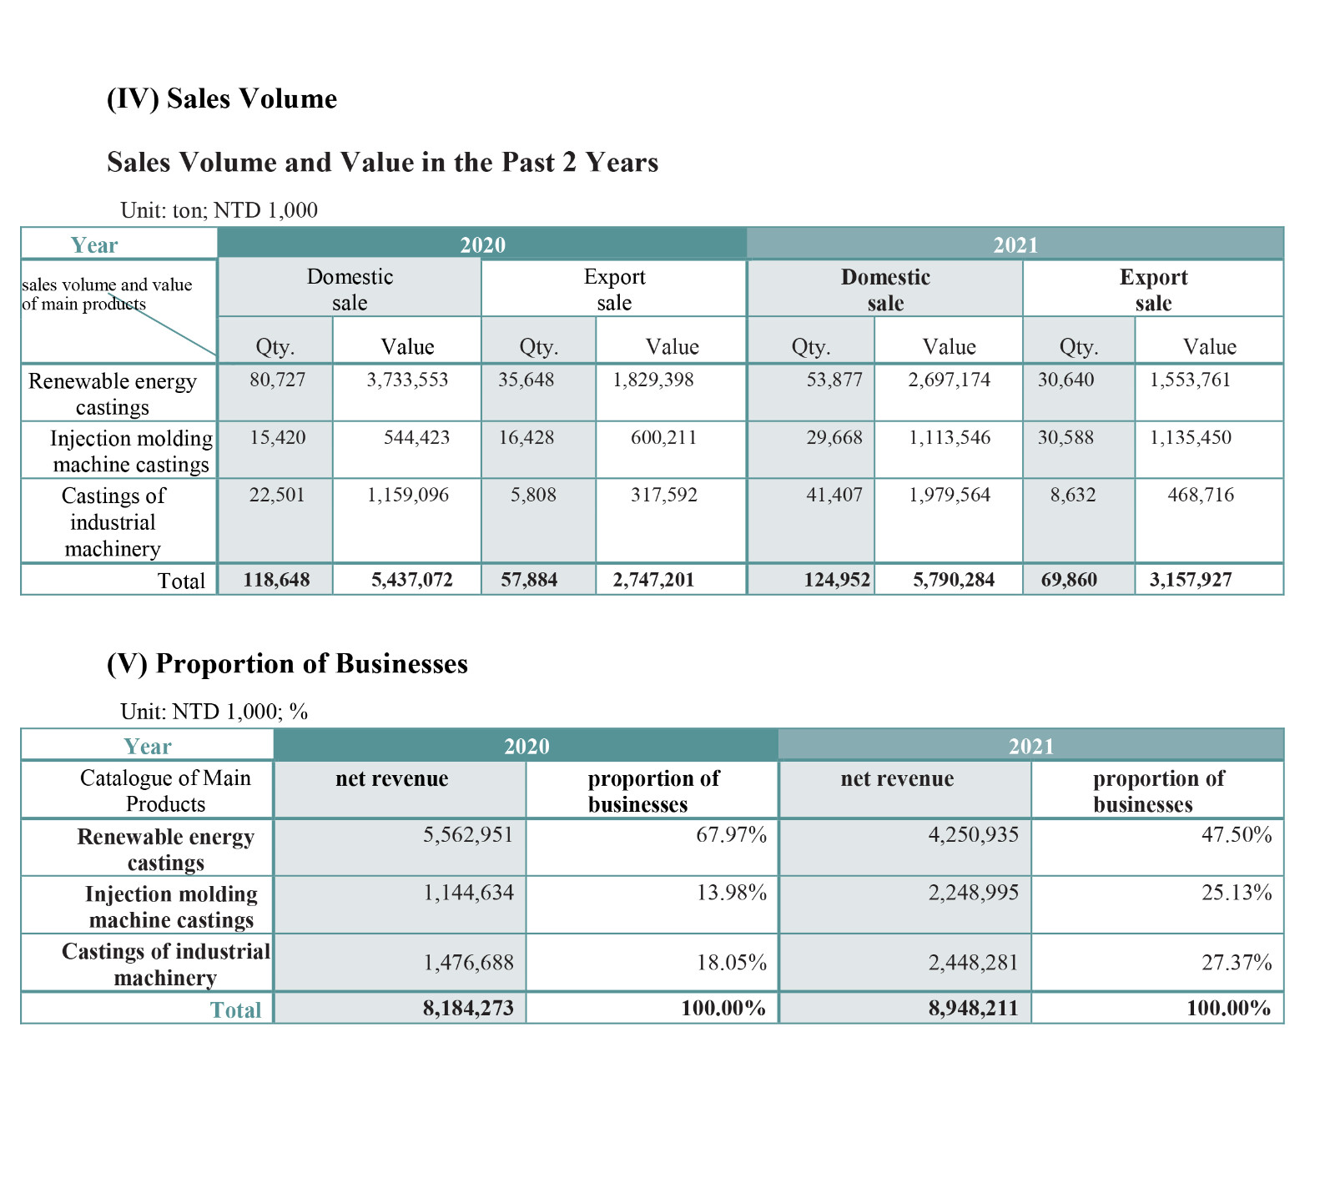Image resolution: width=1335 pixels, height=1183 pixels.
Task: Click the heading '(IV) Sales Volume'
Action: tap(222, 98)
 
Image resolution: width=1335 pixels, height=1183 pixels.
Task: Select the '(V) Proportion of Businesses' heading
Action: tap(287, 663)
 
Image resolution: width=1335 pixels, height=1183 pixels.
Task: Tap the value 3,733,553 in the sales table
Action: tap(407, 380)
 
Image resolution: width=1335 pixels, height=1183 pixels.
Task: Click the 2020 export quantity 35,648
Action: tap(526, 380)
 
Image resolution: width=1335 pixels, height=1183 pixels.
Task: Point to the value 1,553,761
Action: tap(1190, 380)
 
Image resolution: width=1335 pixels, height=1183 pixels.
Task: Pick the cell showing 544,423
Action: tap(416, 438)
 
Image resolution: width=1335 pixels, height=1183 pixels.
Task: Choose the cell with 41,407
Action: tap(834, 496)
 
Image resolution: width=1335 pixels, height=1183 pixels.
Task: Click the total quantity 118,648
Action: tap(276, 580)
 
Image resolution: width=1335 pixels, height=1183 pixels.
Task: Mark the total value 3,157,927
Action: tap(1190, 580)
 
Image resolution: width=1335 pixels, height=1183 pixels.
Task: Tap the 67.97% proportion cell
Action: tap(731, 835)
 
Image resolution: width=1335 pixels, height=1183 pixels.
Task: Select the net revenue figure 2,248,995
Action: tap(973, 893)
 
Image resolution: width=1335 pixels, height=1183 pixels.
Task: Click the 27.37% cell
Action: tap(1237, 963)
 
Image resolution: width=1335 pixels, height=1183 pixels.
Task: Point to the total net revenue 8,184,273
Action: tap(468, 1009)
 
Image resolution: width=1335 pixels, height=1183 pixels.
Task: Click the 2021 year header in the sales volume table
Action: tap(1015, 244)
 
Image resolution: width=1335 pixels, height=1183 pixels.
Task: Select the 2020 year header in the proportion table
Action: tap(526, 746)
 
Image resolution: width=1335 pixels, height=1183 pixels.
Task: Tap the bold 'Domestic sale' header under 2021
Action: tap(885, 289)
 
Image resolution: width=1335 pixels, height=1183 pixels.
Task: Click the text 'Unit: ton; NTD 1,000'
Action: tap(219, 210)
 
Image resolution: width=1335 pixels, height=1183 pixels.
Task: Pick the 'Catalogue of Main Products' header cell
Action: tap(165, 790)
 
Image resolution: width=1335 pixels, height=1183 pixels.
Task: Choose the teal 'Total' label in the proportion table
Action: tap(235, 1010)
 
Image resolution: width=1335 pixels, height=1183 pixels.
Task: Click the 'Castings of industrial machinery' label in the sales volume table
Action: tap(113, 522)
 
